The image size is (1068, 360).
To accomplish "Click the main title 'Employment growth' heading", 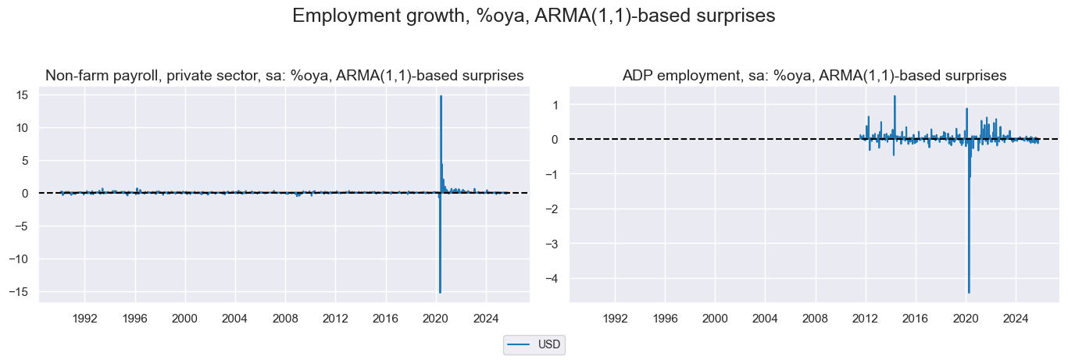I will pos(534,16).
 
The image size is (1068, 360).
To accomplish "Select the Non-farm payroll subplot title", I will pos(284,76).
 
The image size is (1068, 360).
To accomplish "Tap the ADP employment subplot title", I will pos(814,76).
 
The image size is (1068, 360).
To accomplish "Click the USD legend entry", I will pos(534,344).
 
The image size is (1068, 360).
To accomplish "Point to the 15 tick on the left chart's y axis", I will pos(23,94).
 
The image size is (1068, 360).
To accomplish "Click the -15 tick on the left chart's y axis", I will pos(20,291).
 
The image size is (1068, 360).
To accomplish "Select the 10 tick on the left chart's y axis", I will pos(23,127).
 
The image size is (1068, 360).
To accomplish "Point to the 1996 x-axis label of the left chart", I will pos(134,319).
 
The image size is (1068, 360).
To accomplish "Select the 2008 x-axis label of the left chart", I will pos(284,319).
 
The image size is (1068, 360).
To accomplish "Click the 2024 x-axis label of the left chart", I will pos(485,319).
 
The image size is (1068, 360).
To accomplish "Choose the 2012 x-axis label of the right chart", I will pos(865,319).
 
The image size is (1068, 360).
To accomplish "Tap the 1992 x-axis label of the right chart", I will pos(615,319).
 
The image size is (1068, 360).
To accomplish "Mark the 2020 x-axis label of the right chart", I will pos(966,319).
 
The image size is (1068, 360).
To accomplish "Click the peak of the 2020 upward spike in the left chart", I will pos(441,96).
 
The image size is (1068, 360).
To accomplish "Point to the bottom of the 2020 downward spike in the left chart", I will pos(440,293).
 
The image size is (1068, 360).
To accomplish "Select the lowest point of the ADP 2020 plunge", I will pos(969,293).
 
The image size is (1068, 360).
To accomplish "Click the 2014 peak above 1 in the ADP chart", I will pos(895,96).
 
